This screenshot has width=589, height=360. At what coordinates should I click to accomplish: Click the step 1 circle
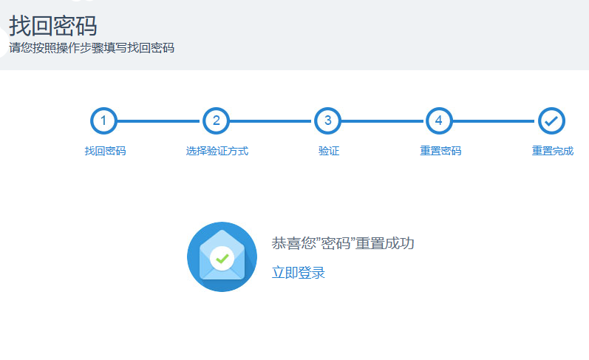[x=103, y=121]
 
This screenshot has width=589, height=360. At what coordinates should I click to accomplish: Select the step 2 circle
[x=216, y=121]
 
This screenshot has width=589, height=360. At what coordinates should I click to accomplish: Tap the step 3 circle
[x=327, y=121]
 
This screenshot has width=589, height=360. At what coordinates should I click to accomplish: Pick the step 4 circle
[x=439, y=121]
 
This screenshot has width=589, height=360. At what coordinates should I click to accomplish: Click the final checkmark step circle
[x=551, y=121]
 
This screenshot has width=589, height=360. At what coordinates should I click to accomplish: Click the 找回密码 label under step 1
[x=105, y=151]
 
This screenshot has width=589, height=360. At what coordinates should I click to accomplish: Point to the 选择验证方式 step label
[x=217, y=151]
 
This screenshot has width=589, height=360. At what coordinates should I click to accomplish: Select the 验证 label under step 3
[x=329, y=151]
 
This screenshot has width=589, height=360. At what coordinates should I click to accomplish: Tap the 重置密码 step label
[x=440, y=151]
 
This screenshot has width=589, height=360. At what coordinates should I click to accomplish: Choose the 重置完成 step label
[x=553, y=151]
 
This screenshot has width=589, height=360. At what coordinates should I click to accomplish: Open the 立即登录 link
[x=299, y=273]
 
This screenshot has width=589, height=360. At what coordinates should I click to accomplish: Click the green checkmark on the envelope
[x=222, y=259]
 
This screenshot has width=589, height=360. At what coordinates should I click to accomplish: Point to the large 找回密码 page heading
[x=53, y=26]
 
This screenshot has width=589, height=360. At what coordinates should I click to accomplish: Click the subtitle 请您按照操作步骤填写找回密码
[x=92, y=48]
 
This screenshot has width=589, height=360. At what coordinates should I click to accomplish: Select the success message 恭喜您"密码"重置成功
[x=343, y=243]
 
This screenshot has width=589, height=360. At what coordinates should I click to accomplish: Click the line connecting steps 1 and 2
[x=160, y=121]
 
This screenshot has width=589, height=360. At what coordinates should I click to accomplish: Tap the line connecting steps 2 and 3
[x=271, y=121]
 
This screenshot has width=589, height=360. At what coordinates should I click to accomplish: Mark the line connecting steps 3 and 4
[x=383, y=121]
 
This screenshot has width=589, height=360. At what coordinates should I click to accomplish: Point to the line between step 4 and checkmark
[x=495, y=121]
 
